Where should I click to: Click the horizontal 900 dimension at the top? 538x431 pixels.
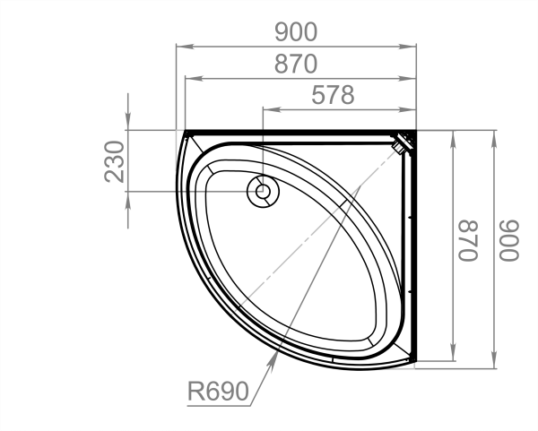pyautogui.click(x=296, y=32)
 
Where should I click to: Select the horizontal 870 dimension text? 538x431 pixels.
pyautogui.click(x=296, y=64)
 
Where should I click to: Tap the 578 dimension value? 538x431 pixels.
pyautogui.click(x=333, y=95)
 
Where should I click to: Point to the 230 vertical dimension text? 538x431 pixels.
pyautogui.click(x=114, y=161)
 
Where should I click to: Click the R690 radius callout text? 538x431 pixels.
pyautogui.click(x=218, y=392)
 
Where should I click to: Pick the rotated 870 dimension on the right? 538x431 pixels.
pyautogui.click(x=468, y=241)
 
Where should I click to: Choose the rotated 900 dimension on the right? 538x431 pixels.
pyautogui.click(x=509, y=241)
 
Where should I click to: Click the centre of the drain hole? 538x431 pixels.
pyautogui.click(x=263, y=192)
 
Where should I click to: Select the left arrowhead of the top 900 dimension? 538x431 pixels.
pyautogui.click(x=185, y=47)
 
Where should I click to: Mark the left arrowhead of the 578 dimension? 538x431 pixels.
pyautogui.click(x=272, y=109)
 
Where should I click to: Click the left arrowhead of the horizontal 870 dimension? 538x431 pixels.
pyautogui.click(x=194, y=79)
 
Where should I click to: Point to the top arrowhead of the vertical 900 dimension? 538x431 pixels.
pyautogui.click(x=494, y=138)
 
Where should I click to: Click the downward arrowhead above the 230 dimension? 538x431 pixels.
pyautogui.click(x=128, y=121)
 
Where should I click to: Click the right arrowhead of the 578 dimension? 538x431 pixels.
pyautogui.click(x=408, y=109)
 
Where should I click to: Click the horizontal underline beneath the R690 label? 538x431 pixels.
pyautogui.click(x=219, y=406)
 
